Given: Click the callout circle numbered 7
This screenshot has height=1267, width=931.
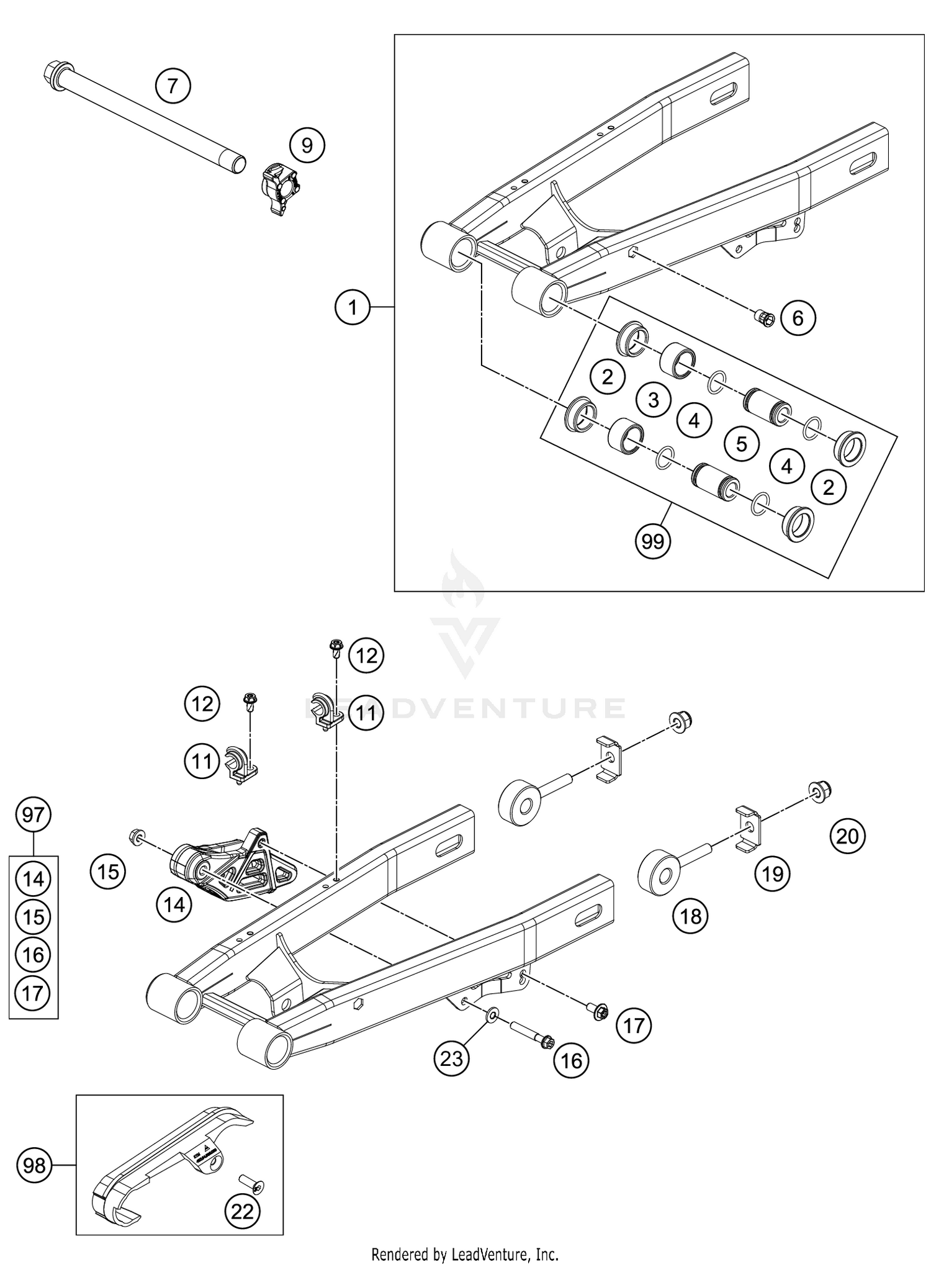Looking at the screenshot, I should coord(173,86).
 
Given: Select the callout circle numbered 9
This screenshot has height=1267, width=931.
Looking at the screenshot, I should coord(307,145).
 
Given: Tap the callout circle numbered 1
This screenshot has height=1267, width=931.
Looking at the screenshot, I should coord(353,307).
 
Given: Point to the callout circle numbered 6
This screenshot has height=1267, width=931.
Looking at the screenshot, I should coord(798,318).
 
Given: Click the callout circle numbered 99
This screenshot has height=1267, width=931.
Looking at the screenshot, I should coord(652,542).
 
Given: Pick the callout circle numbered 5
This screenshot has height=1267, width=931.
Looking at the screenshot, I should coord(740,443).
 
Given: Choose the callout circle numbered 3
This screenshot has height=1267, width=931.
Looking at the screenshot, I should coord(653,400).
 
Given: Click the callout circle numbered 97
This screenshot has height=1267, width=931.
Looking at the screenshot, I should coord(34,814).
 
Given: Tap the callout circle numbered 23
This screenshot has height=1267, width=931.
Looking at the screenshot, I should coord(451,1058).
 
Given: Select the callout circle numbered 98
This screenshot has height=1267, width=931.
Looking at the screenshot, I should coord(34,1166).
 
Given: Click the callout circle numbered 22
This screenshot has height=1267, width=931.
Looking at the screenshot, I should coord(243,1211).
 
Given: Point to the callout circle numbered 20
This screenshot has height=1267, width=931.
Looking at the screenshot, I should coord(847,836).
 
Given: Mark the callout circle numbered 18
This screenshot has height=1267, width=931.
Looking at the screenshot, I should coord(690,916).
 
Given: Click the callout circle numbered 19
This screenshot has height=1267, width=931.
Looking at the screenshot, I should coord(772,874).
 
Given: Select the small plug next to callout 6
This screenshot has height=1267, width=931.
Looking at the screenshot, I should coord(762,318).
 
